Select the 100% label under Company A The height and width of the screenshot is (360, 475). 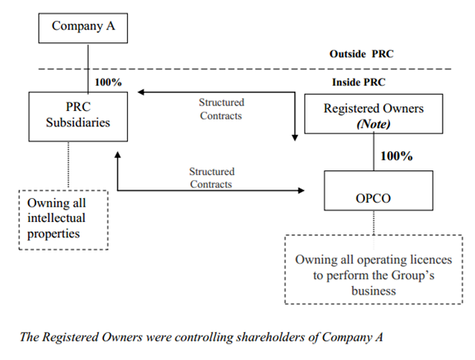coord(108,82)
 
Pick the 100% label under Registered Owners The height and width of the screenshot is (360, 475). coord(396,156)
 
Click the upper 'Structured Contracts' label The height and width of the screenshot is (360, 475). coord(221,109)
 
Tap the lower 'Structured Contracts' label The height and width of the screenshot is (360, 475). coord(211,177)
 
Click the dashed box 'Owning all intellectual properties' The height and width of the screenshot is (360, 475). coord(64,219)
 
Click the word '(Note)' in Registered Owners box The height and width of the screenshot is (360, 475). coord(373,123)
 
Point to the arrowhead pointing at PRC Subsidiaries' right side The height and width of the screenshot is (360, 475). coord(142,93)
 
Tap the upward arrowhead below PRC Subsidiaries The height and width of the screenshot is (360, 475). coord(117,155)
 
